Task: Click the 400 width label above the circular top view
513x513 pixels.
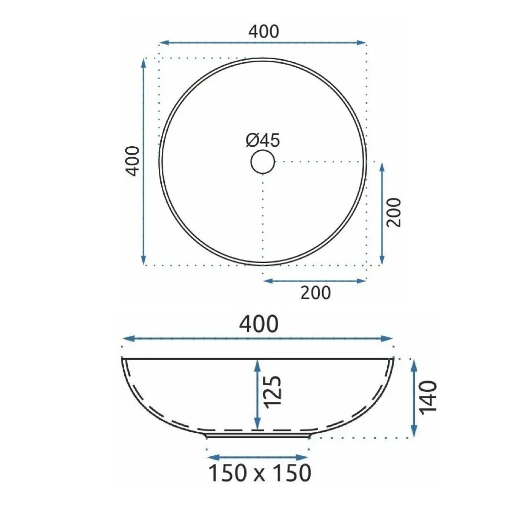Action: coord(264,32)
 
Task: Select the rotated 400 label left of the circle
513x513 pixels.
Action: coord(132,160)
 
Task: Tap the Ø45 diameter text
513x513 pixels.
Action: coord(263,141)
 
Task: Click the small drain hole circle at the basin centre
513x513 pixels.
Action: coord(263,161)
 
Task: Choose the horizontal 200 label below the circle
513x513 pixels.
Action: coord(316,293)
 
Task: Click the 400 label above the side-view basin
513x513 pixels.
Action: coord(259,324)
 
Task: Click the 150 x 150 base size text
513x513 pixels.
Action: coord(260,473)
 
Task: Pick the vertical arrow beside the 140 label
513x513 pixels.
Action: coord(414,398)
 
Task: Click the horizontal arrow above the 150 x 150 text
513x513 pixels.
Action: coord(258,457)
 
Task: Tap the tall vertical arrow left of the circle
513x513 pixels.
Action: coord(144,161)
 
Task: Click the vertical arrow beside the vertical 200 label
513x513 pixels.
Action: coord(382,213)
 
